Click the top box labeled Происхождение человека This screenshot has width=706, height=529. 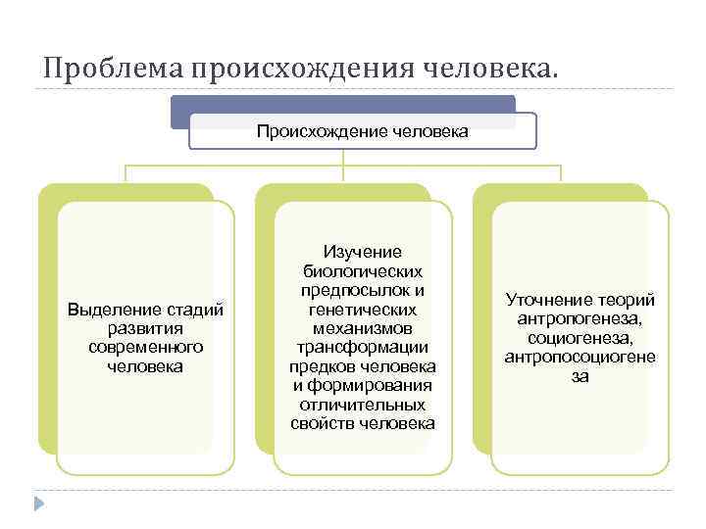click(362, 130)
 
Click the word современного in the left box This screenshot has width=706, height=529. click(145, 348)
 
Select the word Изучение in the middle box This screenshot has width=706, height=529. click(363, 253)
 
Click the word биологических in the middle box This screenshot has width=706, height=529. click(363, 271)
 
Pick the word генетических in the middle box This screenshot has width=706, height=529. click(363, 310)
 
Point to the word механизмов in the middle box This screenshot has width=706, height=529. click(363, 328)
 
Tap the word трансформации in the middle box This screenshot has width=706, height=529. click(363, 348)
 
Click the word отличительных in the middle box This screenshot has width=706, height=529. click(363, 405)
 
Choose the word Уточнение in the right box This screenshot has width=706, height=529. click(543, 300)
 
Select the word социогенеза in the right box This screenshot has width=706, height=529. click(580, 338)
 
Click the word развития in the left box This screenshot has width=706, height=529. click(145, 328)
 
